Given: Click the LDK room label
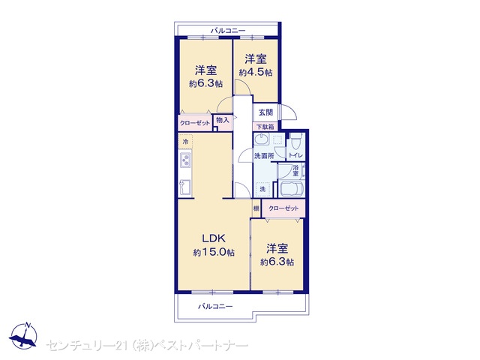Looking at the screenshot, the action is point(214,238).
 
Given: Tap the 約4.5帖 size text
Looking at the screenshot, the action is point(256,73).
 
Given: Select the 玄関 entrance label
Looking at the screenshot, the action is point(265,112).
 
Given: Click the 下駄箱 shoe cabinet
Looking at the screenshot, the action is point(265,127).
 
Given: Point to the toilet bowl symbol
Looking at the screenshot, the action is point(295,141).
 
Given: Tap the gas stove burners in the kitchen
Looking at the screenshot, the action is point(185,160).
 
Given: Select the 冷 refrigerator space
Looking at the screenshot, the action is point(185,142).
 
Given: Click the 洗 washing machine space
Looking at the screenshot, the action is point(262,189).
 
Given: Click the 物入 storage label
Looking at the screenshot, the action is point(223,120).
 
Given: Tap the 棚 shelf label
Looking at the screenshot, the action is point(256,208).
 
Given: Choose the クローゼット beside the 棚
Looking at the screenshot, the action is point(283,208).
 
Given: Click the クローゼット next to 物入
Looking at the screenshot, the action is point(195,123).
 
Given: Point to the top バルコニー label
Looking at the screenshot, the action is point(228,31).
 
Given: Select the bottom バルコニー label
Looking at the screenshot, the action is point(215,306).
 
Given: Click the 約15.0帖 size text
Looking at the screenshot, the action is point(214,253).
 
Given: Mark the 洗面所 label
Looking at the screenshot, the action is point(264,156).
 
